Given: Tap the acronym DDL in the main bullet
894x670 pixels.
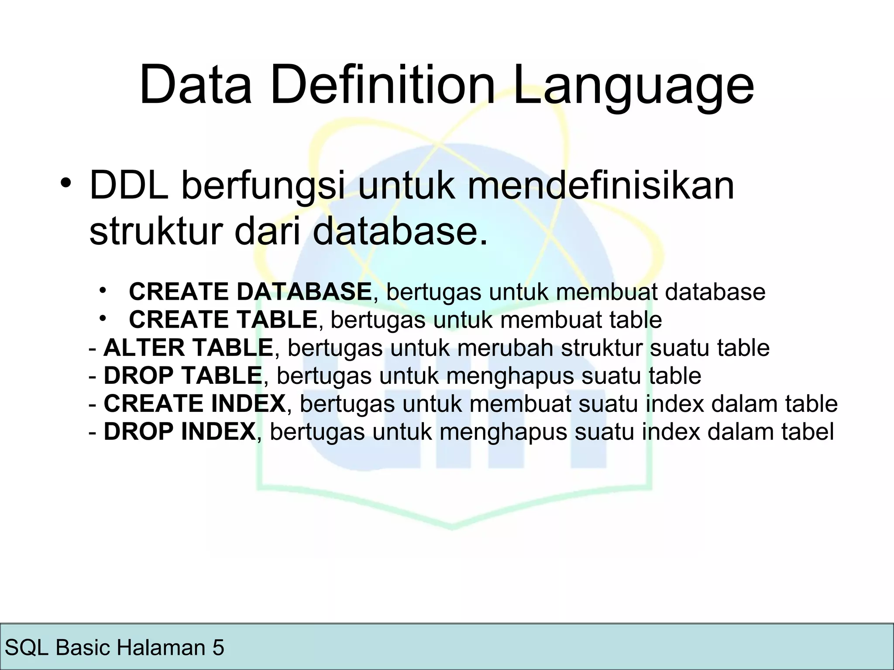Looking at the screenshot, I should pyautogui.click(x=129, y=186).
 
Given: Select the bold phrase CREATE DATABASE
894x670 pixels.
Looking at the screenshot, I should pyautogui.click(x=250, y=292).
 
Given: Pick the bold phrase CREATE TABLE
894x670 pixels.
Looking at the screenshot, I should pyautogui.click(x=223, y=320).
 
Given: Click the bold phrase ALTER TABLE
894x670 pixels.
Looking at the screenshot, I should pyautogui.click(x=188, y=348).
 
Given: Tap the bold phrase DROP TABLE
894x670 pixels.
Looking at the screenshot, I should pyautogui.click(x=182, y=376).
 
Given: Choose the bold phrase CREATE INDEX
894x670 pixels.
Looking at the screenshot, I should pyautogui.click(x=195, y=403).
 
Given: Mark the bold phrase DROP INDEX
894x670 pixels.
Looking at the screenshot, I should pyautogui.click(x=179, y=431).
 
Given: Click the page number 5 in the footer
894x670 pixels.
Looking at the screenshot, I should pyautogui.click(x=218, y=647).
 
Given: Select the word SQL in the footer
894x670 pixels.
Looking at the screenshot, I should pyautogui.click(x=26, y=647).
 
